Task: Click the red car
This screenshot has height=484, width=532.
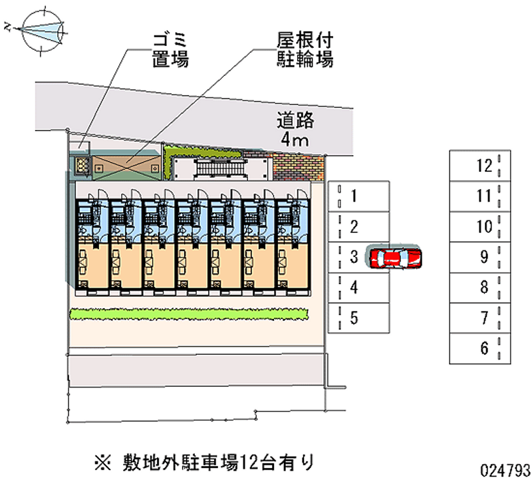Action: pos(395,257)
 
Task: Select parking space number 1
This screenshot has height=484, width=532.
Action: pos(358,196)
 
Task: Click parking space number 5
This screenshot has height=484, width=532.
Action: pos(358,318)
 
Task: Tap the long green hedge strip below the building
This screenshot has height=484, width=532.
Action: pos(189,314)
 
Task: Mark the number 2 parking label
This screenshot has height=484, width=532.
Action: pos(355,226)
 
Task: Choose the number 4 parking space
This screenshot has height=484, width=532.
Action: pos(358,288)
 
